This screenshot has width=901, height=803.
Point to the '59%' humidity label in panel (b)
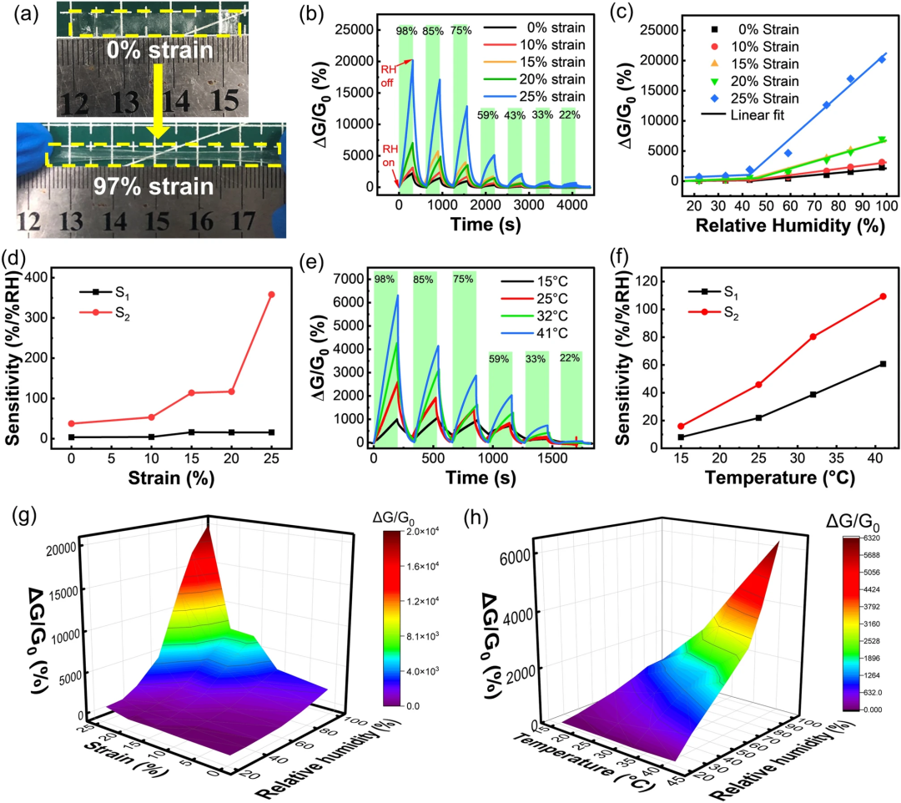(488, 114)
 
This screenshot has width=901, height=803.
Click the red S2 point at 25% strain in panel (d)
(272, 295)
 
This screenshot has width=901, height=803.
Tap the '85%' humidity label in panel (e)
(424, 280)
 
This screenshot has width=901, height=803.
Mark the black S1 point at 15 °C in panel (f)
(681, 437)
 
